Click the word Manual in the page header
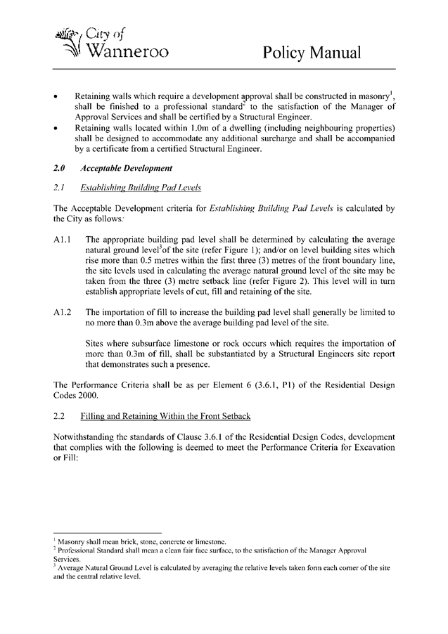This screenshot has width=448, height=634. click(332, 53)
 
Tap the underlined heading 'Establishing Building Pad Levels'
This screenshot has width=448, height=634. click(141, 188)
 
